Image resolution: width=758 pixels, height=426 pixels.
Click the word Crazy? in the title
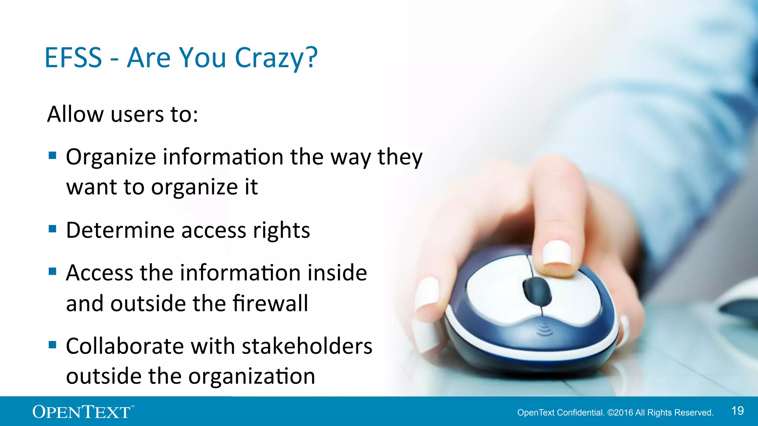tap(276, 58)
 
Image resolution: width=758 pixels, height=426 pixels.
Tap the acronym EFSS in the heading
tap(73, 58)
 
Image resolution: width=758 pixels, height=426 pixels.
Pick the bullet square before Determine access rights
tap(53, 229)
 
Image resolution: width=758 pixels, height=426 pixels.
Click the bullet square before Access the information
tap(53, 272)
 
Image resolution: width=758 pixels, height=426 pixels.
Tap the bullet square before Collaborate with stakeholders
tap(53, 345)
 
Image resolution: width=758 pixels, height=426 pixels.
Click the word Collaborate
tap(125, 346)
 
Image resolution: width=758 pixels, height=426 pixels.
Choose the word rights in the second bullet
tap(281, 231)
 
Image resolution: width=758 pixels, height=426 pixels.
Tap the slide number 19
tap(738, 411)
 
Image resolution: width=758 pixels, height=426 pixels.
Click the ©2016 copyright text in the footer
tap(620, 413)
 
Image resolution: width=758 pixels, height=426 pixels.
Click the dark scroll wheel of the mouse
tap(537, 290)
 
